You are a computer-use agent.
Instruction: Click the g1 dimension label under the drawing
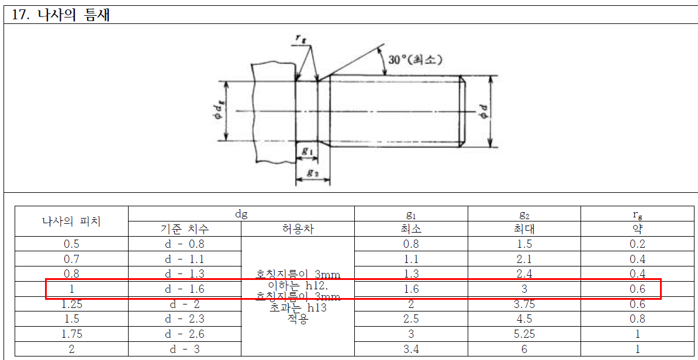click(x=307, y=151)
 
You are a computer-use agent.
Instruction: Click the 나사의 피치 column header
click(x=72, y=221)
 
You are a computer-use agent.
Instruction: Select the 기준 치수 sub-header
click(x=184, y=229)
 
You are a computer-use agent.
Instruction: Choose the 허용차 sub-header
click(x=298, y=229)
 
